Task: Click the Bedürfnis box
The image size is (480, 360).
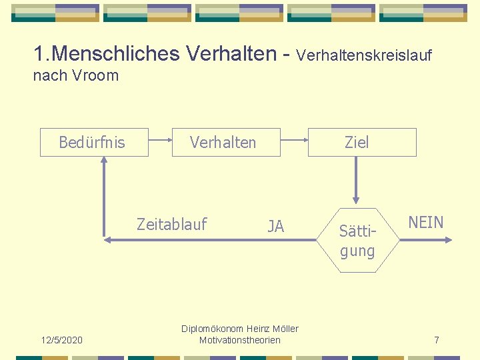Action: [x=93, y=142]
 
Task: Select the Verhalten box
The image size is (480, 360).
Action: [x=225, y=142]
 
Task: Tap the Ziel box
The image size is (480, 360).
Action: [x=361, y=142]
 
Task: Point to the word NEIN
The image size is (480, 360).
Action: [x=426, y=223]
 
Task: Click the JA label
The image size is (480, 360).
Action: [x=275, y=227]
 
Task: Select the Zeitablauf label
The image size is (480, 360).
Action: [x=172, y=224]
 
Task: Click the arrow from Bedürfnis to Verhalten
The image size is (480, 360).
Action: [x=160, y=141]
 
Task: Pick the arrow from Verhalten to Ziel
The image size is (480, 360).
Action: [x=294, y=141]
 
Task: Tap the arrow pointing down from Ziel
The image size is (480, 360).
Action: [x=356, y=180]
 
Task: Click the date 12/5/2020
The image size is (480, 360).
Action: [x=62, y=340]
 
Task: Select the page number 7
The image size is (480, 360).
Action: [x=437, y=340]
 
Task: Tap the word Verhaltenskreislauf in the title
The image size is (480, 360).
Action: [x=364, y=55]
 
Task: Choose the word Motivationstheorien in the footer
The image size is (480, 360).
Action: [x=240, y=340]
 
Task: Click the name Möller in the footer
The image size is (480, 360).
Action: [x=285, y=329]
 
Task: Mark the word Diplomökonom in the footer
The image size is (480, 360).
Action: [x=212, y=329]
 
